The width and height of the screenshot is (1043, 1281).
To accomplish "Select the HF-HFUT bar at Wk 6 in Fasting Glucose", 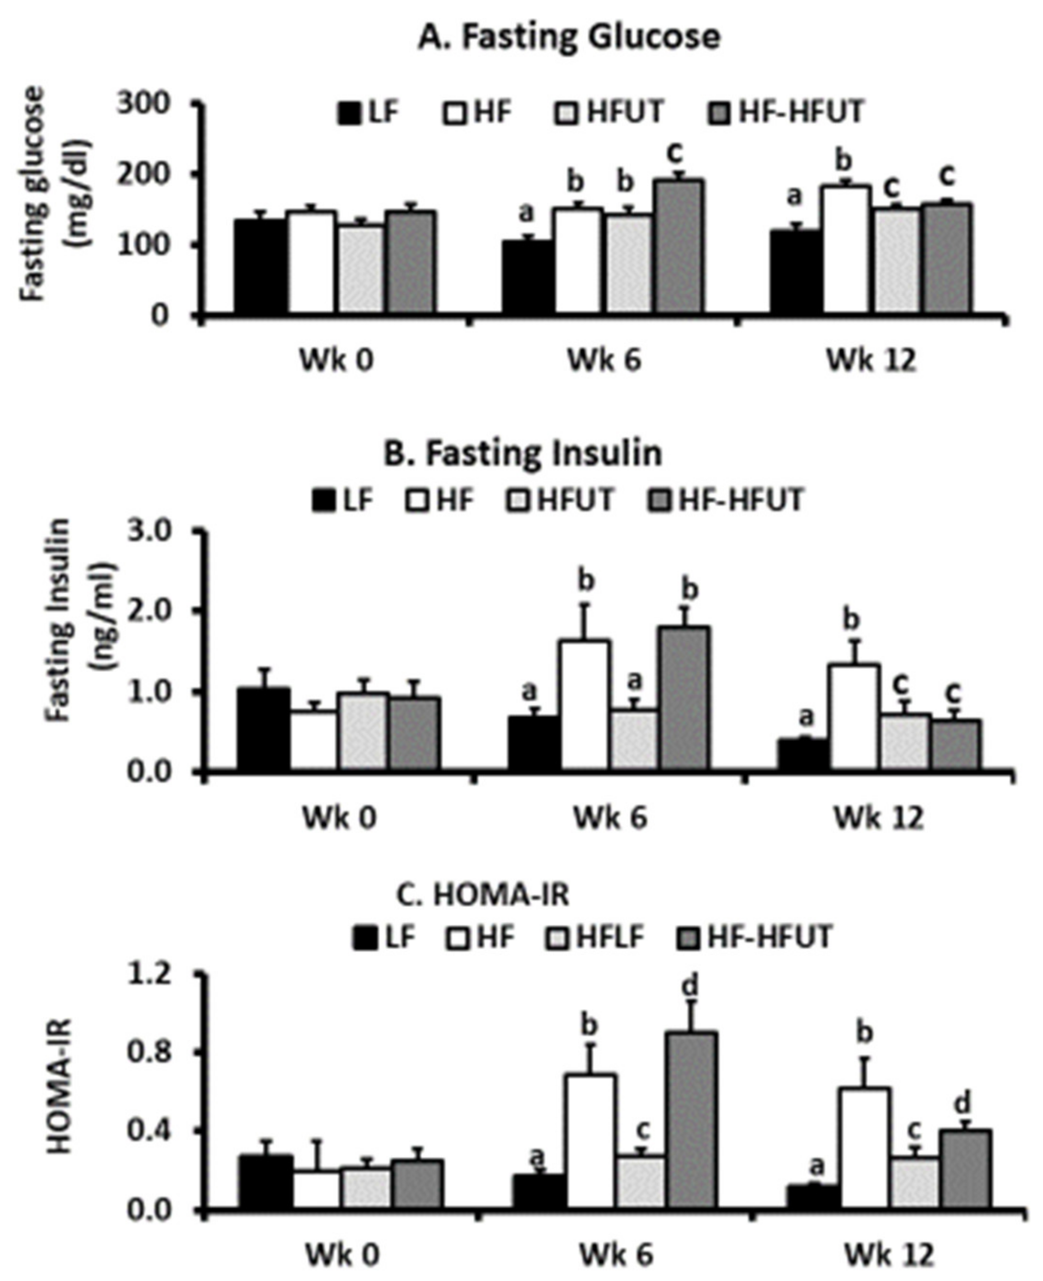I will (x=679, y=246).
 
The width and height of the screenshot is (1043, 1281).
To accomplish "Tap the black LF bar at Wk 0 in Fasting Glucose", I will (x=259, y=266).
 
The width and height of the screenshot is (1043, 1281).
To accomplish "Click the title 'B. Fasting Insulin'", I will (x=523, y=454).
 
